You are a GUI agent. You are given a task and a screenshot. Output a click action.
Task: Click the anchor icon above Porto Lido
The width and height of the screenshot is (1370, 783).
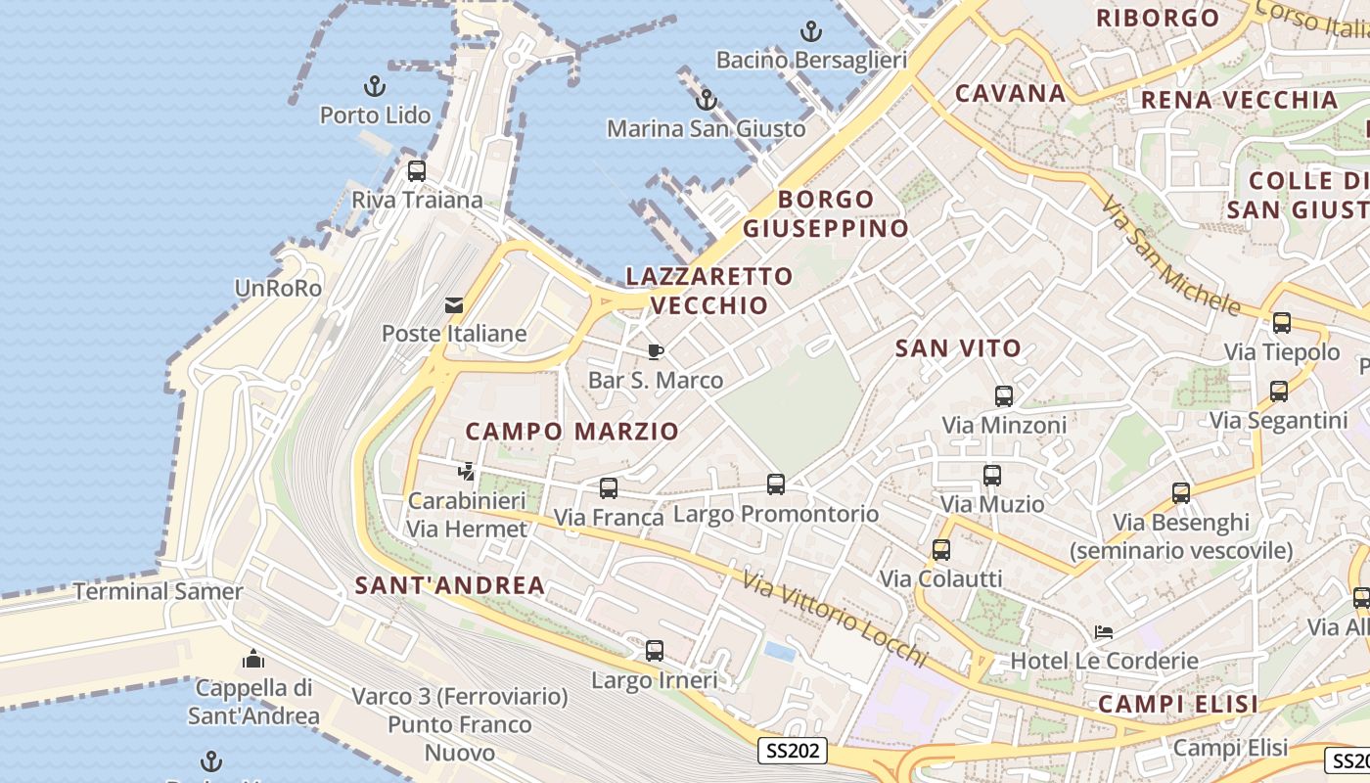(375, 85)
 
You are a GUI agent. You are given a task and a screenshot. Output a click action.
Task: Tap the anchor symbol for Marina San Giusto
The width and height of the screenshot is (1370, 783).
(706, 100)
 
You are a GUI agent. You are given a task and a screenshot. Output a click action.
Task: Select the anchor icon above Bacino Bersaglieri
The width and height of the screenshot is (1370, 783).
(811, 31)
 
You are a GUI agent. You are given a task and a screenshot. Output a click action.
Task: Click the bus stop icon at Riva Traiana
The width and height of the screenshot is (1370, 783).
(417, 171)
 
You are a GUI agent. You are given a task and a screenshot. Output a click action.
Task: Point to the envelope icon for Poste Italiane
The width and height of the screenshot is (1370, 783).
(454, 305)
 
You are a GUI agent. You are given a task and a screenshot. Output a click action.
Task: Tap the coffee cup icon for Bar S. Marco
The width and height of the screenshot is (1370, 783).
(656, 351)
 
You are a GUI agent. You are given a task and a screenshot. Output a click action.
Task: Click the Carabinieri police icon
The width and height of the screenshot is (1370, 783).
(467, 472)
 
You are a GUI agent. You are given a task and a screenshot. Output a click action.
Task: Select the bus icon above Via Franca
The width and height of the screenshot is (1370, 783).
(609, 487)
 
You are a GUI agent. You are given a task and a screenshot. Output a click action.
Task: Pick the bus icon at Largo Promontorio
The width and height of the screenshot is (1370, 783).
(776, 484)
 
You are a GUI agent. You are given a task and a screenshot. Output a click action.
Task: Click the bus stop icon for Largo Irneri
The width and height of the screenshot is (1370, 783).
(655, 650)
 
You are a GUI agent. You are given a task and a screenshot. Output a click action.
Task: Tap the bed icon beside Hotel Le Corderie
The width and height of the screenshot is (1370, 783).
(1104, 631)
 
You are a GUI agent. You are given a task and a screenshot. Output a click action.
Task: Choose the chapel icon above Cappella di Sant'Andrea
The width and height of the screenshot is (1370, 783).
(253, 658)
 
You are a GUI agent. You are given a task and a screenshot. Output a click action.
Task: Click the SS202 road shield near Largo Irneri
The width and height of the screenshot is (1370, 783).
(793, 752)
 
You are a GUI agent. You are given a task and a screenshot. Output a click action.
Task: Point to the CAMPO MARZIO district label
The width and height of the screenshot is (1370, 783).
(571, 432)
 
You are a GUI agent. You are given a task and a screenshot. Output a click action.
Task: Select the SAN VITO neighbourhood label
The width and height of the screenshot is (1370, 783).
(958, 347)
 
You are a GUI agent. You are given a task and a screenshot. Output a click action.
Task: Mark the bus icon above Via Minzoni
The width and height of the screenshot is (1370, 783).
(1004, 396)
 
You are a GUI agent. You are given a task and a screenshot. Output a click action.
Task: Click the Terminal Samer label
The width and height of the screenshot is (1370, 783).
(159, 591)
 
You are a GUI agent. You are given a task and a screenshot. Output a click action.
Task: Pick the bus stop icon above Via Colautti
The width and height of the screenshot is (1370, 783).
(941, 549)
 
